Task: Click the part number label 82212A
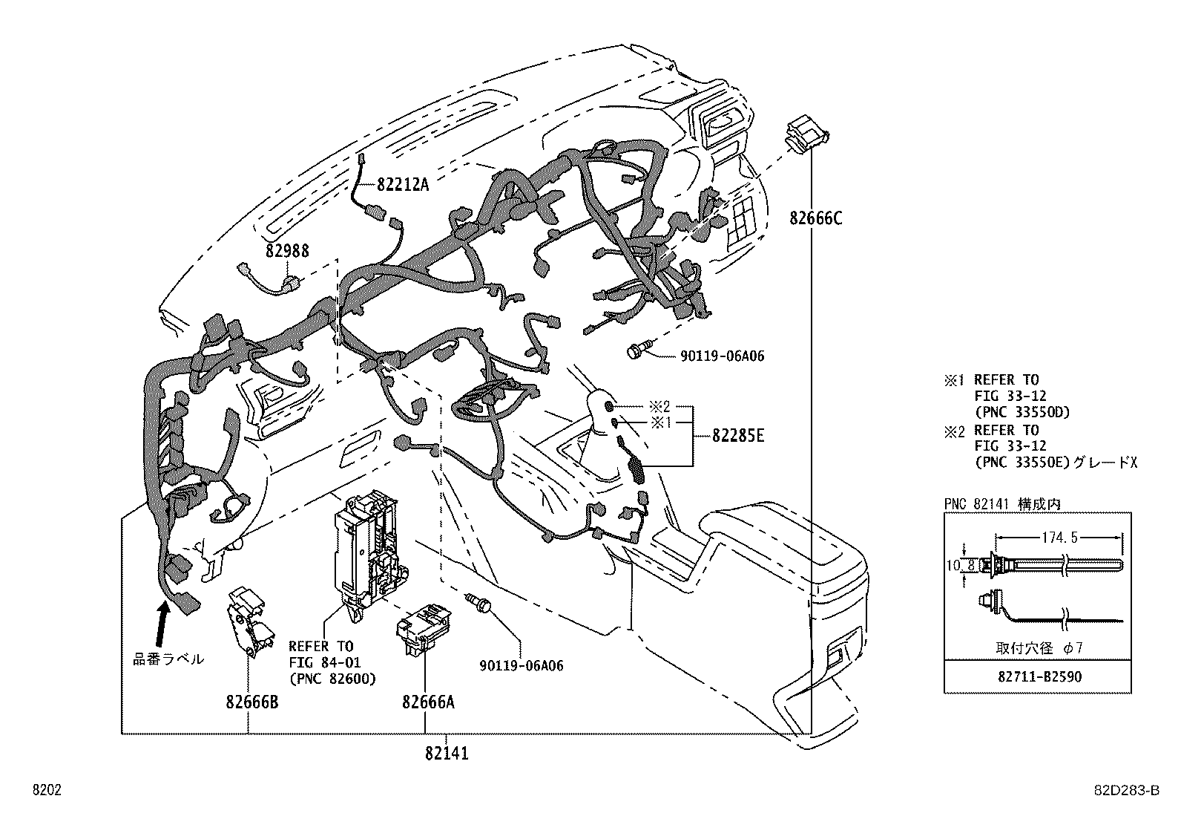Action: point(403,184)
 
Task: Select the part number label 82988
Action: point(287,252)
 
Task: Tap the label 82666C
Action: point(816,218)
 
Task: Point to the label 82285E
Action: point(738,436)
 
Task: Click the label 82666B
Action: point(252,702)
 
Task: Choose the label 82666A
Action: point(428,702)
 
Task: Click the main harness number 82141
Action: point(447,753)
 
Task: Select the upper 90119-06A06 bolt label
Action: point(722,356)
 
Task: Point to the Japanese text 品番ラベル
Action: point(168,659)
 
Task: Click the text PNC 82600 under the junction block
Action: point(332,679)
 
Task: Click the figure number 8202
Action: point(46,790)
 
